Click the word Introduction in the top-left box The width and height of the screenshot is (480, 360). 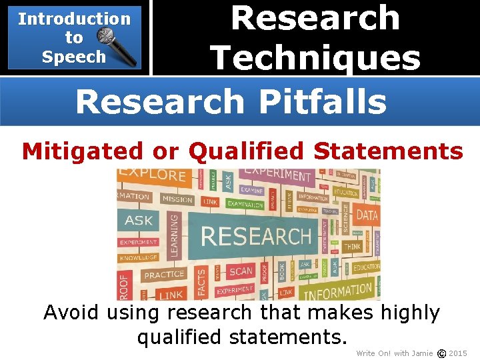pos(74,19)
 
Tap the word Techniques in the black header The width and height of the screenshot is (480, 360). pos(315,57)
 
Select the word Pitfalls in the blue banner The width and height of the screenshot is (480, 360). pos(322,102)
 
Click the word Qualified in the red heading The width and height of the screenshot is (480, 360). pos(247,151)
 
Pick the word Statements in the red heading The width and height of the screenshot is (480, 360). pos(388,151)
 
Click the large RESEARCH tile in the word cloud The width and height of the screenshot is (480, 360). pos(255,236)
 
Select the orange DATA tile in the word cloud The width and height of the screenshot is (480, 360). pos(367,215)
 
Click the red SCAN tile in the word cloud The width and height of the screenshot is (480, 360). pos(241,271)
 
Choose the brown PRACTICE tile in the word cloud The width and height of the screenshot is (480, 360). pos(164,275)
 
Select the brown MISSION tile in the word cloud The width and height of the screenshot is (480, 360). pos(177,199)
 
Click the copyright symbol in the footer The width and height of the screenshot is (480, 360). pos(441,353)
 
